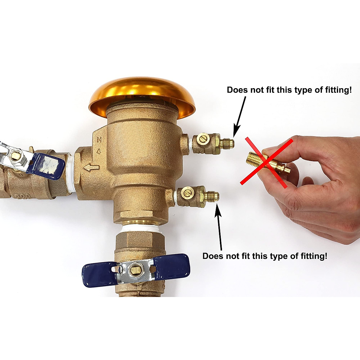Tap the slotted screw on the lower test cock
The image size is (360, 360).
(188, 191)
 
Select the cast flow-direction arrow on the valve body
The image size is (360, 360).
(91, 168)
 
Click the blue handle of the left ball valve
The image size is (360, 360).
(46, 166)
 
